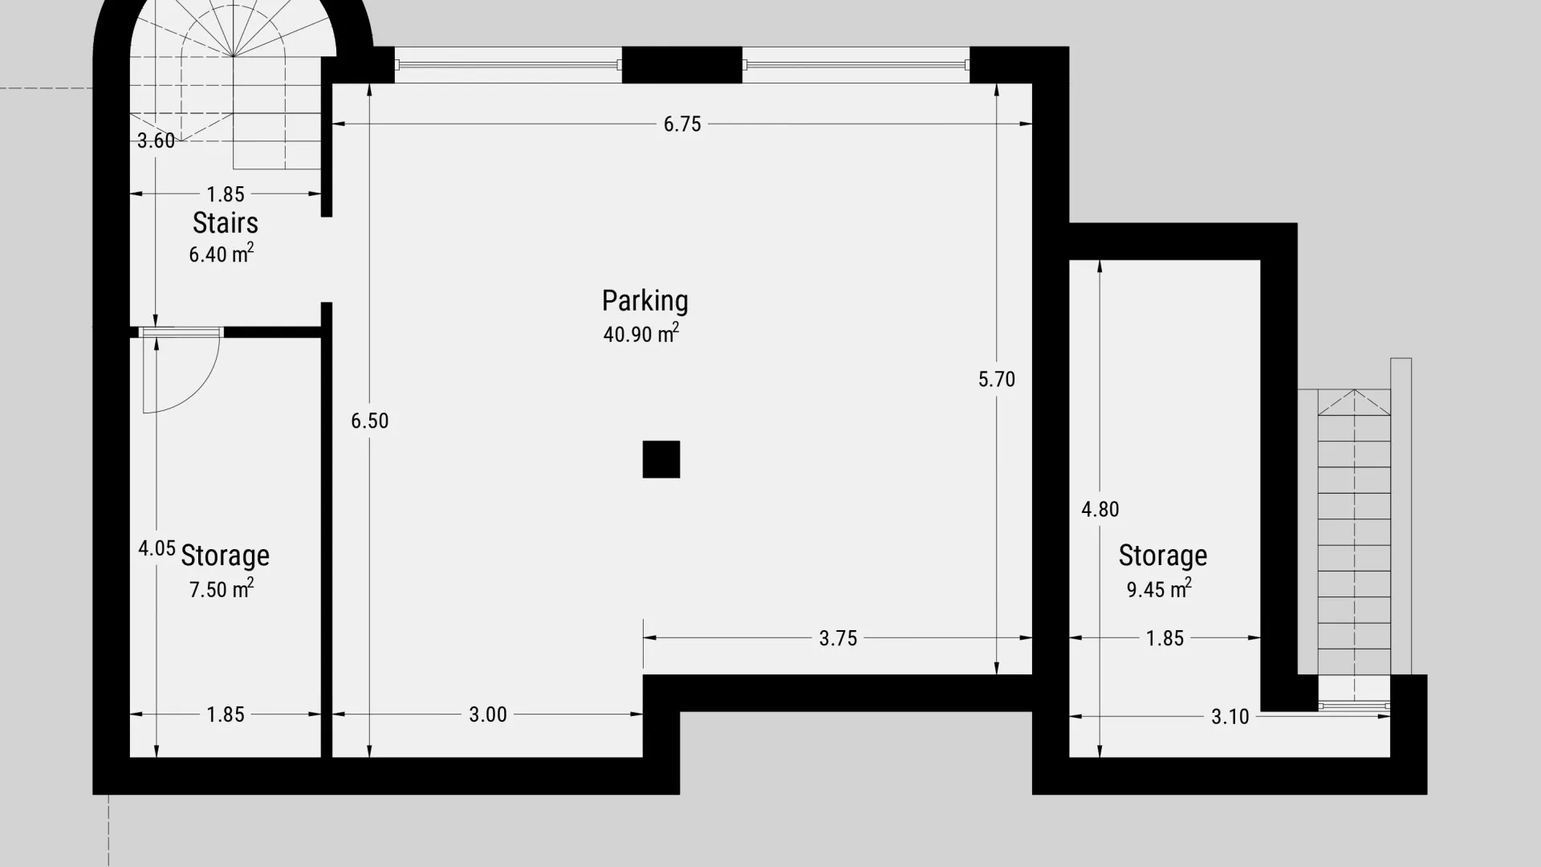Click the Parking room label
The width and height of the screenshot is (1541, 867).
[x=645, y=301]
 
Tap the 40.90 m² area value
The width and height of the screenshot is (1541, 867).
[x=641, y=333]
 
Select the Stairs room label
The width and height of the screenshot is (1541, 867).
[x=226, y=222]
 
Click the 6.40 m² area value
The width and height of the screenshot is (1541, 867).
[x=222, y=254]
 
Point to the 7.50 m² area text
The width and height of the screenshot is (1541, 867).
[x=222, y=588]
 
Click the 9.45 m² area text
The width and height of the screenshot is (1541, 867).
[x=1159, y=588]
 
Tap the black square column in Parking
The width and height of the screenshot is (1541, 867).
[x=661, y=459]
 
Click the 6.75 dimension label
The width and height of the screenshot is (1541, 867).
[x=682, y=124]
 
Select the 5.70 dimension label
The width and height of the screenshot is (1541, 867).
[x=997, y=379]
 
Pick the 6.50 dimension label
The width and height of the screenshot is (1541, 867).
[x=370, y=421]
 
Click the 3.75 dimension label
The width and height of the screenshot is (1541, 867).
[x=838, y=638]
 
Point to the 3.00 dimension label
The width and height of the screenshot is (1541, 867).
[x=488, y=714]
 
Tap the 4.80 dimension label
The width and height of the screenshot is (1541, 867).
[x=1100, y=509]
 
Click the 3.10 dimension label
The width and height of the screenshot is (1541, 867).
[x=1230, y=716]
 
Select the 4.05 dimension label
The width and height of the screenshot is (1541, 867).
[x=157, y=548]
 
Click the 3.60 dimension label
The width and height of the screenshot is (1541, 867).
[x=156, y=140]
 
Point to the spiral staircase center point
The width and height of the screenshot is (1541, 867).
[x=234, y=56]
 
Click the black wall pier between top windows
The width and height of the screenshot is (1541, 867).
[x=682, y=65]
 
